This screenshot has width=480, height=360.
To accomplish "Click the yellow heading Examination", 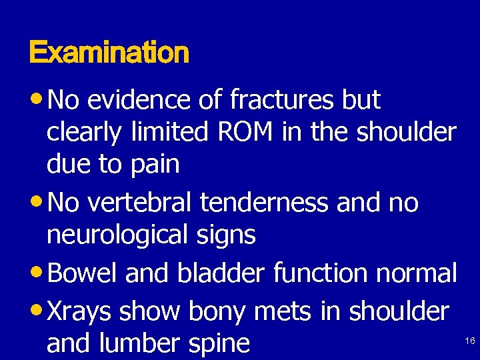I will click(x=109, y=52).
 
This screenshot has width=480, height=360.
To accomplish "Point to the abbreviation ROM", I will click(x=244, y=132).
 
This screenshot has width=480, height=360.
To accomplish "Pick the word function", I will click(x=307, y=273).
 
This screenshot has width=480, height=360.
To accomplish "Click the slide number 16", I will click(x=469, y=341).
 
